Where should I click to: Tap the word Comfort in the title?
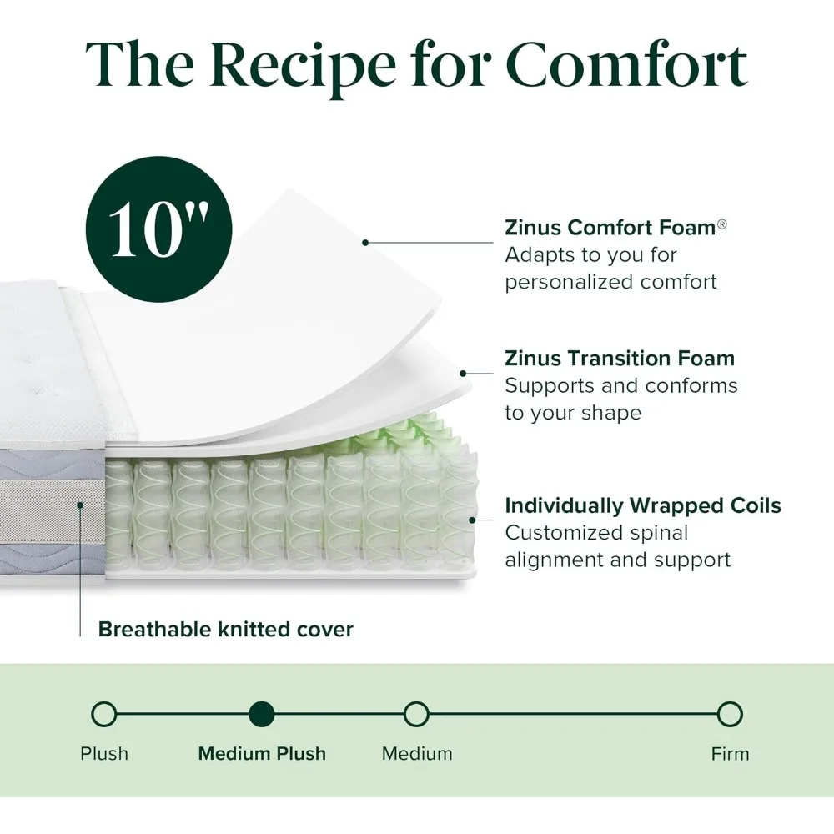click(626, 64)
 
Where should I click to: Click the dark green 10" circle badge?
click(159, 227)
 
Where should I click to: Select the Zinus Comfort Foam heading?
click(610, 228)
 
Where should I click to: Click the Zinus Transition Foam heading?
click(620, 359)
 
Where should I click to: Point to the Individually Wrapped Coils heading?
click(642, 505)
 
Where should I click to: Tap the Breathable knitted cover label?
click(225, 630)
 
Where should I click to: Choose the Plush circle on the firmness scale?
click(104, 715)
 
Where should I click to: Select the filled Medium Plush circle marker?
click(262, 715)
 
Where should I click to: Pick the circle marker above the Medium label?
click(416, 715)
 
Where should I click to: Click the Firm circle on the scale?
click(730, 715)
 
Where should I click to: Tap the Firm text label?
click(730, 754)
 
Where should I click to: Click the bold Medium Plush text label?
click(262, 754)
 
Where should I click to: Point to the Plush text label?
click(104, 754)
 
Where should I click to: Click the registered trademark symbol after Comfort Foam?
click(722, 224)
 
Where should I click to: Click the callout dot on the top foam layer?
click(364, 243)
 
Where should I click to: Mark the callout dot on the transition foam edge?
click(464, 374)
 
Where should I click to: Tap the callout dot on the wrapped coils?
click(472, 520)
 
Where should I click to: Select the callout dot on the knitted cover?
click(81, 505)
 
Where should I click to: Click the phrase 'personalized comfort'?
click(610, 282)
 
